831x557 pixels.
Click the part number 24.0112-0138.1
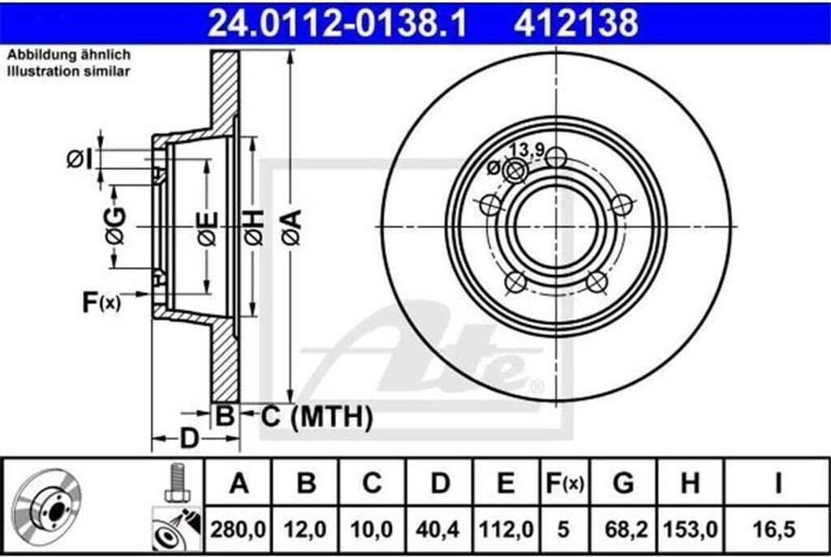click(337, 24)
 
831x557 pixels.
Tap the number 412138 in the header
click(576, 24)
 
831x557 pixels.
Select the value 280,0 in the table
click(238, 529)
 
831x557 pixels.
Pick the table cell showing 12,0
click(305, 529)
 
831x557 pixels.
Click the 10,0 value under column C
click(372, 529)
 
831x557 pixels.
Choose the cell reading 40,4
click(438, 529)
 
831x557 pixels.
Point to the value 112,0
click(506, 529)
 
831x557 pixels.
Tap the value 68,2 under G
click(624, 529)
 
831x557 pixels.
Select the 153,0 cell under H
click(691, 529)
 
